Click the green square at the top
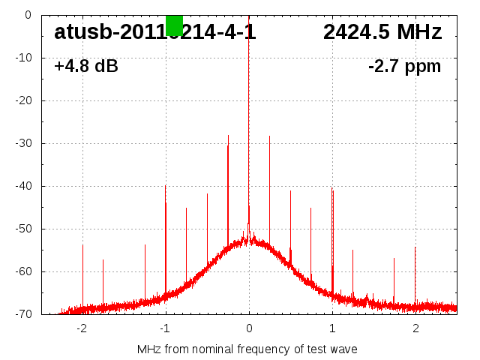point(174,25)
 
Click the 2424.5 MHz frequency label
point(382,32)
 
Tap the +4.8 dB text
point(85,66)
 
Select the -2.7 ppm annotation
point(404,66)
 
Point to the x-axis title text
point(247,349)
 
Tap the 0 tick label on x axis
point(249,327)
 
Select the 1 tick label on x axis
point(332,327)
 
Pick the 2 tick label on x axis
point(415,327)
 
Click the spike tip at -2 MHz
point(82,245)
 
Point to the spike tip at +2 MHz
point(415,247)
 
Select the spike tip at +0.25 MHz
point(269,136)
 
